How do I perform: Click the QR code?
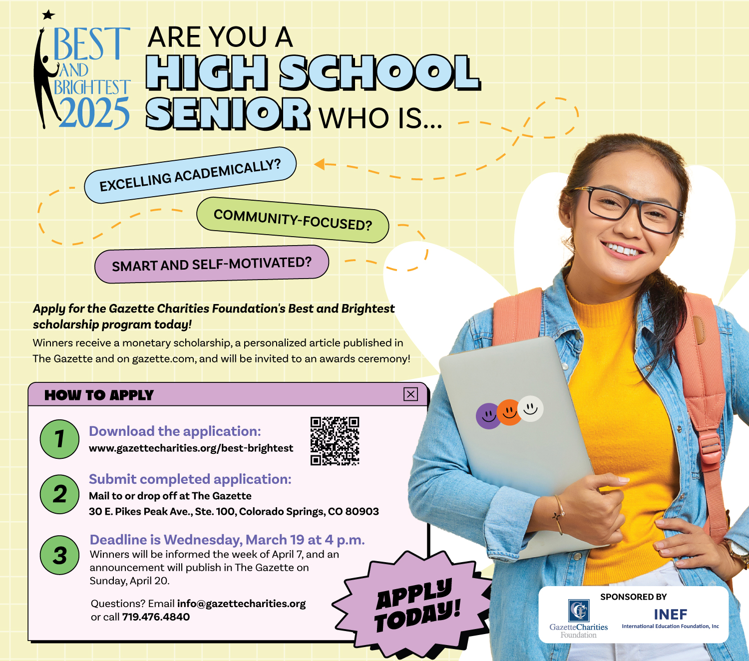[335, 441]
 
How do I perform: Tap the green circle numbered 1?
[59, 439]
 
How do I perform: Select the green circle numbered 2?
[59, 494]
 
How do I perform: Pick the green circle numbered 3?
[59, 555]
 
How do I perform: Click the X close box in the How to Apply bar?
[410, 394]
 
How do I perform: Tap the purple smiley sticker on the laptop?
[488, 416]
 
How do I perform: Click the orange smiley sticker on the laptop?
[509, 412]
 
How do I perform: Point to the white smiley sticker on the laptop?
[530, 408]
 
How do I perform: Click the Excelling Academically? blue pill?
[190, 175]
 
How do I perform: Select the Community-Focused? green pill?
[293, 220]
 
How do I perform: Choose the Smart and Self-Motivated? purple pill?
[211, 264]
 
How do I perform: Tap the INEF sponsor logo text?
[670, 615]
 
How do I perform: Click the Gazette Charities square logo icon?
[579, 611]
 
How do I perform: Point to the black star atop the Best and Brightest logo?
[48, 15]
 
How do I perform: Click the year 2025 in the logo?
[94, 112]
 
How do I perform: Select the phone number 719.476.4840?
[156, 617]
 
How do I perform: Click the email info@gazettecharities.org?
[241, 604]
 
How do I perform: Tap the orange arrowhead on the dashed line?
[320, 164]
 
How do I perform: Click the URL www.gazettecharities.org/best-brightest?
[191, 448]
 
